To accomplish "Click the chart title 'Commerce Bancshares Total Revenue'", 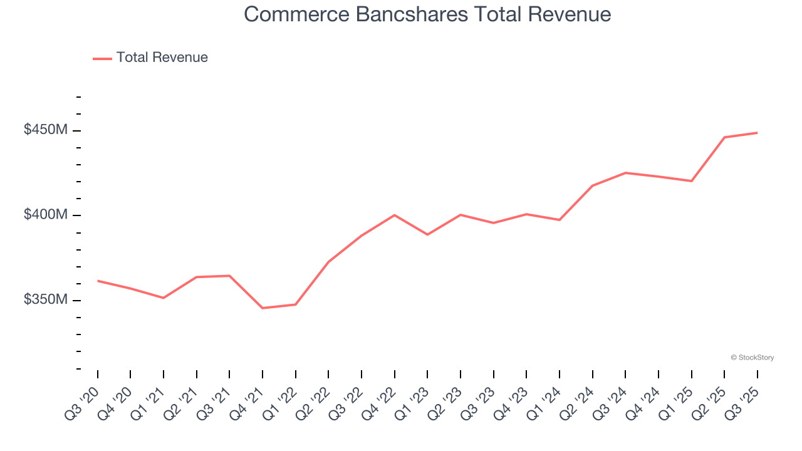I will coord(427,14).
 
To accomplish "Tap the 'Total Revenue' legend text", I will coord(162,58).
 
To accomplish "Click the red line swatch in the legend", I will coord(102,58).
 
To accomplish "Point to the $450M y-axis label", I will coord(46,130).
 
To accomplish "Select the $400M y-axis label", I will coord(46,215).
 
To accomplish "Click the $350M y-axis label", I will coord(46,300).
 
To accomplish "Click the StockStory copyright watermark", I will coord(752,358).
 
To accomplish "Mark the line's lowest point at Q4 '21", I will coord(263,308).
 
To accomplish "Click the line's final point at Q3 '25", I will coord(757,133).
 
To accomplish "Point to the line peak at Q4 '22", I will coord(394,215).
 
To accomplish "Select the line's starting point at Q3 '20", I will coord(98,281).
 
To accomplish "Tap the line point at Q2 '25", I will coord(724,137).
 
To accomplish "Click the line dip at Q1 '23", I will coord(427,234).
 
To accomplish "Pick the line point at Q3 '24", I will coord(625,173).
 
